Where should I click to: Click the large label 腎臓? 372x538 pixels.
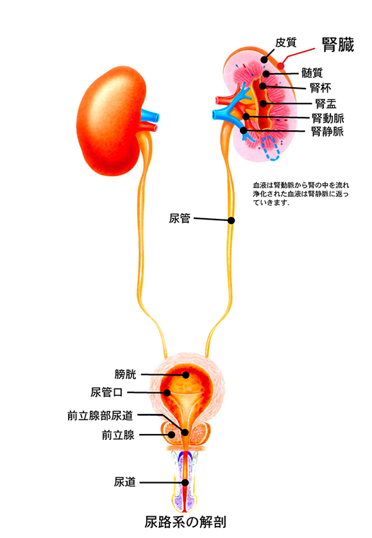(338, 45)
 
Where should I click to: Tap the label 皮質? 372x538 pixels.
(285, 43)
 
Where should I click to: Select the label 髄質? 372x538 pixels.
(312, 73)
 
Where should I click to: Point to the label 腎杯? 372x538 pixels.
(320, 88)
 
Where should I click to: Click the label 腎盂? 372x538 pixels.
(326, 103)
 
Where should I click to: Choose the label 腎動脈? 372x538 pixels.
(328, 118)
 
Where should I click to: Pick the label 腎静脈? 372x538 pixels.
(327, 132)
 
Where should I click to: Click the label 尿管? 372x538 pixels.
(180, 218)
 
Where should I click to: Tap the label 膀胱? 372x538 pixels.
(126, 374)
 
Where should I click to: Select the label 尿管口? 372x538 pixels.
(106, 392)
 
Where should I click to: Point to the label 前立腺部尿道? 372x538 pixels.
(100, 416)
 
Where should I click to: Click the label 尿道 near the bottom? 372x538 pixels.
(125, 482)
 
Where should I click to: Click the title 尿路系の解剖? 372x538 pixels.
(185, 522)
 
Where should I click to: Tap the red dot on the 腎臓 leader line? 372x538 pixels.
(281, 65)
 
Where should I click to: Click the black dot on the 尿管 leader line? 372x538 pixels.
(232, 220)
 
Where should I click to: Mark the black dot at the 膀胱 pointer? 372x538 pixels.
(185, 375)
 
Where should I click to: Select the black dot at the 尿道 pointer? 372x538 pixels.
(185, 482)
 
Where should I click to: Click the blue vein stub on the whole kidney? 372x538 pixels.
(150, 116)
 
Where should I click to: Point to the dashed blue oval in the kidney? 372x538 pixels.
(271, 148)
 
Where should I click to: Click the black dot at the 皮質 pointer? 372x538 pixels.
(264, 59)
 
